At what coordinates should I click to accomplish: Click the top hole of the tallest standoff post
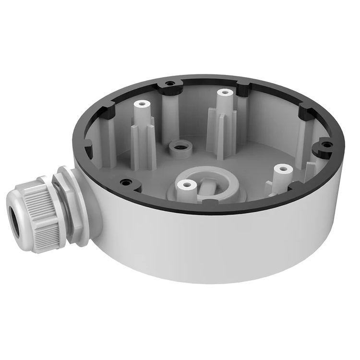click(x=223, y=92)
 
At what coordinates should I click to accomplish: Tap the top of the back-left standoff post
click(x=141, y=103)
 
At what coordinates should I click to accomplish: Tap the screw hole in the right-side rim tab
click(x=326, y=144)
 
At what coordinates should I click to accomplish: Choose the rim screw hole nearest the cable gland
click(x=126, y=182)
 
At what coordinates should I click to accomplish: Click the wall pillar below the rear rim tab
click(x=170, y=115)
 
